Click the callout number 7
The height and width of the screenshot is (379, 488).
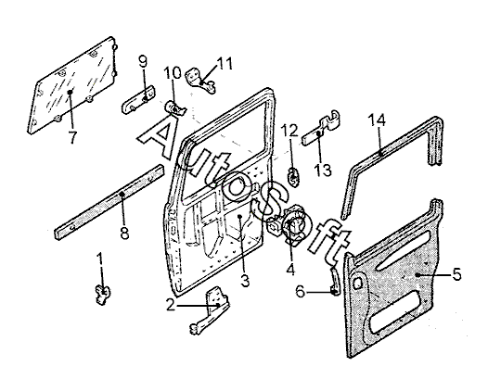[x=72, y=137]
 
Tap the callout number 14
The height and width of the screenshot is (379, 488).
[x=377, y=120]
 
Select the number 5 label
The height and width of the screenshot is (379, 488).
[x=456, y=274]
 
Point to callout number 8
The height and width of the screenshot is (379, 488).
[x=124, y=233]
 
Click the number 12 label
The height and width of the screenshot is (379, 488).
[x=289, y=131]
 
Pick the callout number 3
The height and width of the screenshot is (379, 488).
[x=245, y=281]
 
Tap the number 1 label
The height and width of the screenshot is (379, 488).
[x=100, y=259]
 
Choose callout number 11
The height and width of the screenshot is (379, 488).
[x=225, y=63]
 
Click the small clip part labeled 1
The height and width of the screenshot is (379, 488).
[x=102, y=294]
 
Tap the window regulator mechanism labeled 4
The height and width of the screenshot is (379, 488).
[x=288, y=225]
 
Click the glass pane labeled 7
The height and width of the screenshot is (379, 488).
[x=71, y=85]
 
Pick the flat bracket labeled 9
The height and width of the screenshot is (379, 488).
[x=138, y=99]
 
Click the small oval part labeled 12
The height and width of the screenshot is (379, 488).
[x=294, y=177]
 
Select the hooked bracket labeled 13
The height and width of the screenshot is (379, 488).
[x=322, y=127]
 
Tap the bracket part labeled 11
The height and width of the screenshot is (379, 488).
[x=200, y=81]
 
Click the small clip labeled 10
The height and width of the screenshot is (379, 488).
[x=174, y=108]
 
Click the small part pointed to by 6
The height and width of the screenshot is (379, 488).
[x=335, y=282]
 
